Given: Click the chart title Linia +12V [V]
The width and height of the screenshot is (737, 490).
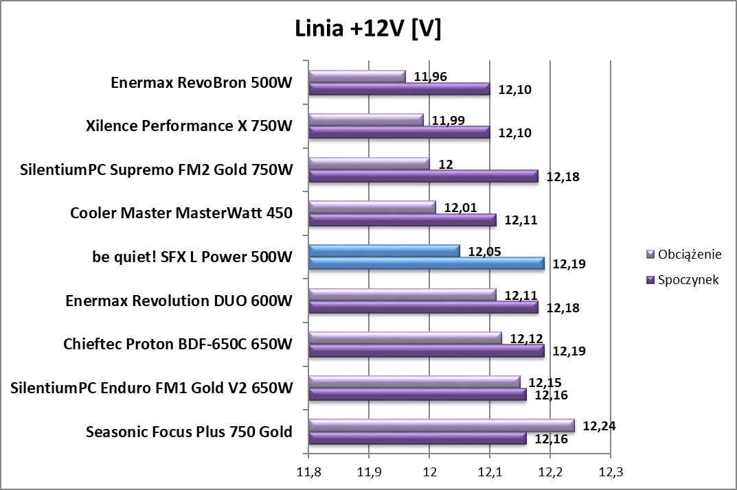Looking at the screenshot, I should [368, 29].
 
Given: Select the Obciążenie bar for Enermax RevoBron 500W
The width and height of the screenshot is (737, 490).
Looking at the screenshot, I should [357, 76].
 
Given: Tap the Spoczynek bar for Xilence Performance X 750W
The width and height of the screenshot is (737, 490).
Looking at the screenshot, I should [399, 132].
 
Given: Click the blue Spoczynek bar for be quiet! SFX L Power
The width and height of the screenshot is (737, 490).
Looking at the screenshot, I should [426, 264].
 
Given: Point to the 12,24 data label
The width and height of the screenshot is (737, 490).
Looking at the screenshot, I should [599, 425].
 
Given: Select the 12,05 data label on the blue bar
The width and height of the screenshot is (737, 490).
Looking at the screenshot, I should [484, 251].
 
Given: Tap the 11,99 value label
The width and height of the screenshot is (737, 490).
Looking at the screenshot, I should [449, 120].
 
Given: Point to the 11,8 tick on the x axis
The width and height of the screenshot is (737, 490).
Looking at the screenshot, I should [308, 472].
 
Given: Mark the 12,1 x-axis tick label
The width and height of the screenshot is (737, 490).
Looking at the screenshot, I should [489, 472].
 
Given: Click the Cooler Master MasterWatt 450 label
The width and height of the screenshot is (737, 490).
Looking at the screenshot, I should [181, 213].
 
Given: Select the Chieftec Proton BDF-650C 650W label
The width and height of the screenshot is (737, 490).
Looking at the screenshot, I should [178, 344].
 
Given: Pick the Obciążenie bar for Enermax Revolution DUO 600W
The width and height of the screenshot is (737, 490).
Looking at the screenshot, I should [402, 295].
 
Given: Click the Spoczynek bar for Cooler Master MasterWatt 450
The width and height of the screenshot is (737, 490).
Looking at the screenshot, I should [402, 220].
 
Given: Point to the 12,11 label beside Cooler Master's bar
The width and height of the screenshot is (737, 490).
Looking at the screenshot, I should [521, 220].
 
